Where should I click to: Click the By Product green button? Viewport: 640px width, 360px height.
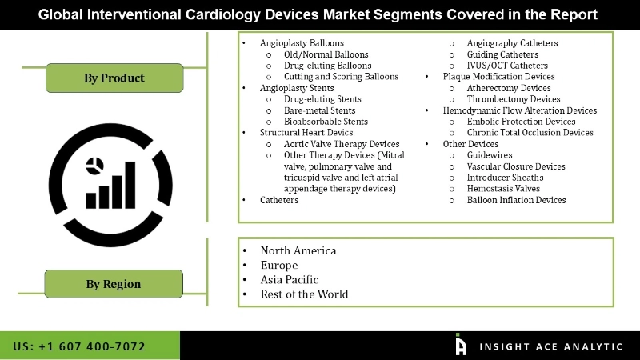coord(114,78)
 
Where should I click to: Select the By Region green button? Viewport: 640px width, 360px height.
coord(114,284)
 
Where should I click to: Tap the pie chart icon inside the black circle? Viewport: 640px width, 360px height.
coord(94,166)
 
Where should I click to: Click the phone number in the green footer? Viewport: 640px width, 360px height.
coord(79,346)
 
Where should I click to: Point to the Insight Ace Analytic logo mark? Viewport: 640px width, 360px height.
coord(460,344)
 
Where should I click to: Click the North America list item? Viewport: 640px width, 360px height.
coord(298,250)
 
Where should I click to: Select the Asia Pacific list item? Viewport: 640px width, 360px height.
coord(290,279)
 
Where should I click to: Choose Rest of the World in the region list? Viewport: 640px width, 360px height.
coord(304,294)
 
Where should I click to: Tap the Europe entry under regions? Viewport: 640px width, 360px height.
coord(279,265)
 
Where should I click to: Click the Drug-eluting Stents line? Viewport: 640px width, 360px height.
coord(322,99)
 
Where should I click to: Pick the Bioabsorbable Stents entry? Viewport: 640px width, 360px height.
coord(326,122)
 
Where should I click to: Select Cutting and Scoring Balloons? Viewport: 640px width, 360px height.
coord(341,77)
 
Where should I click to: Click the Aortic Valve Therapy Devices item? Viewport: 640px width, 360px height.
coord(342,144)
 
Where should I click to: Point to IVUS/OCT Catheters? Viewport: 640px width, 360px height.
coord(507,66)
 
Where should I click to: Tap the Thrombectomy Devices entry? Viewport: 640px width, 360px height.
coord(513,99)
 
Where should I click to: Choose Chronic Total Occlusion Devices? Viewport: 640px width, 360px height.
coord(530,133)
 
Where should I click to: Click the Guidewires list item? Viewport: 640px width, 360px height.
coord(490,155)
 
